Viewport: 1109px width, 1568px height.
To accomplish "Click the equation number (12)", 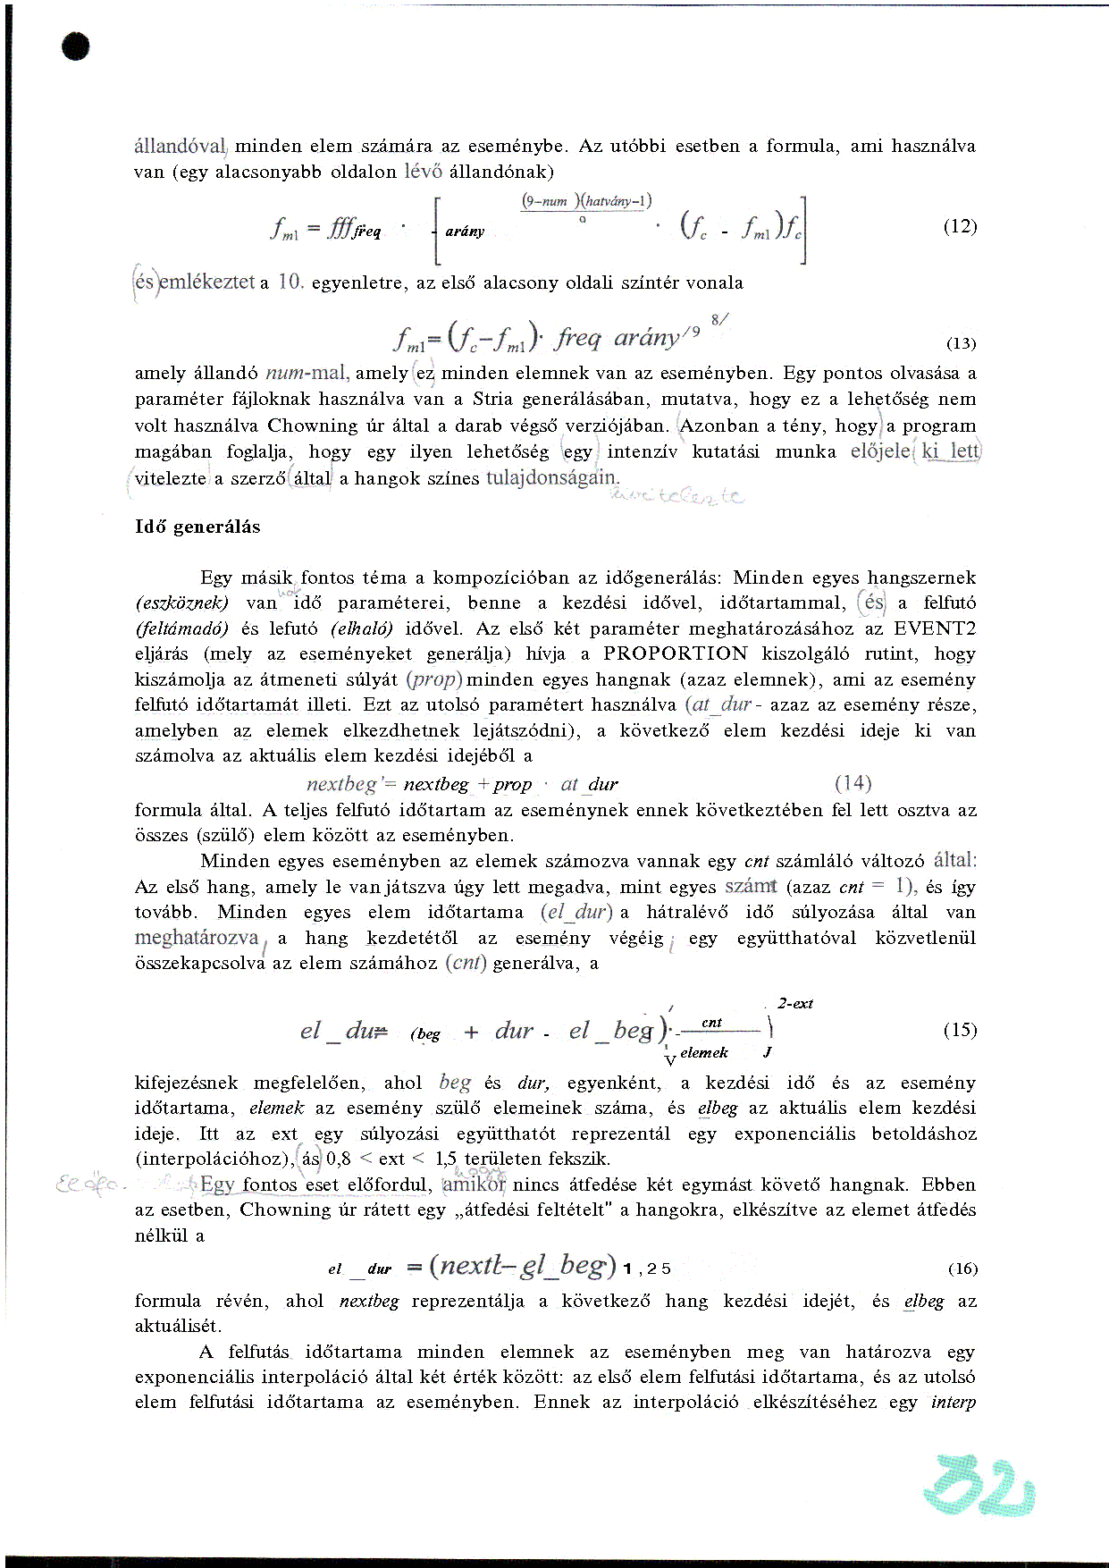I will (960, 226).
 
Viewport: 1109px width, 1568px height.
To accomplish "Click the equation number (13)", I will (961, 343).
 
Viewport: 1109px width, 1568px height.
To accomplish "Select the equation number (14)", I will (853, 784).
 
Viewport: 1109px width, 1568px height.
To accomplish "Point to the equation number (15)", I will (960, 1030).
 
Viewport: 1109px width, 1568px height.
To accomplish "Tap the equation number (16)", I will (962, 1269).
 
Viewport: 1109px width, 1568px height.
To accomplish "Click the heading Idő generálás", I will (197, 527).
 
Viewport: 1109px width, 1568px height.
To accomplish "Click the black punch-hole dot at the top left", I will (77, 46).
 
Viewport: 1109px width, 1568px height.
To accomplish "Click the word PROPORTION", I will (675, 654).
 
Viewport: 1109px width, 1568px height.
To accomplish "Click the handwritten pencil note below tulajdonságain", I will (676, 497).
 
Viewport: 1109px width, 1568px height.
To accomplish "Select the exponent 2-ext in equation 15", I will (794, 1004).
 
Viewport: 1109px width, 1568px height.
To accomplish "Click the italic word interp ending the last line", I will (953, 1403).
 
